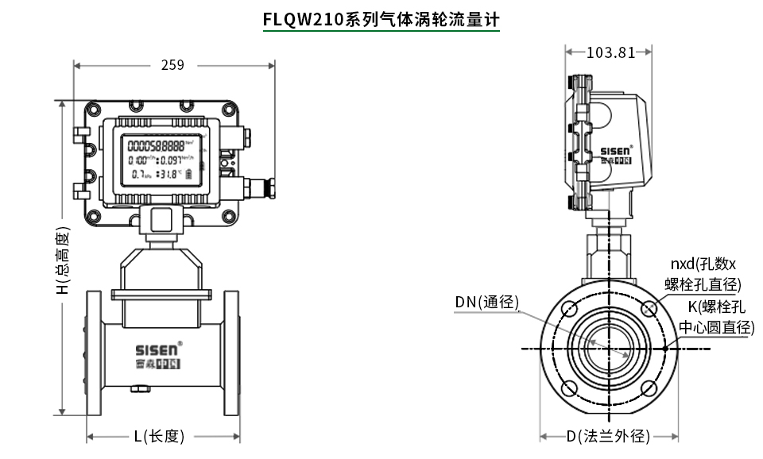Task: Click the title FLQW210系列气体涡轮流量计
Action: click(x=381, y=19)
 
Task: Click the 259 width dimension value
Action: click(x=172, y=65)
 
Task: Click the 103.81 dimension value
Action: click(x=610, y=52)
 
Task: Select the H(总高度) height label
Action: click(x=64, y=262)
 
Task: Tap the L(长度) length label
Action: click(x=159, y=436)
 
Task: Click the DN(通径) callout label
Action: click(x=486, y=302)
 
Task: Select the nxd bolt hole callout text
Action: click(x=703, y=274)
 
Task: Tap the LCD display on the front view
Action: click(x=161, y=159)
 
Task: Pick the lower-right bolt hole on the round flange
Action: click(x=649, y=388)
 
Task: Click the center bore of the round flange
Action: click(x=609, y=348)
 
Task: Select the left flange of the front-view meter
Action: click(x=93, y=353)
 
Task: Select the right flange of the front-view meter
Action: click(x=231, y=353)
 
